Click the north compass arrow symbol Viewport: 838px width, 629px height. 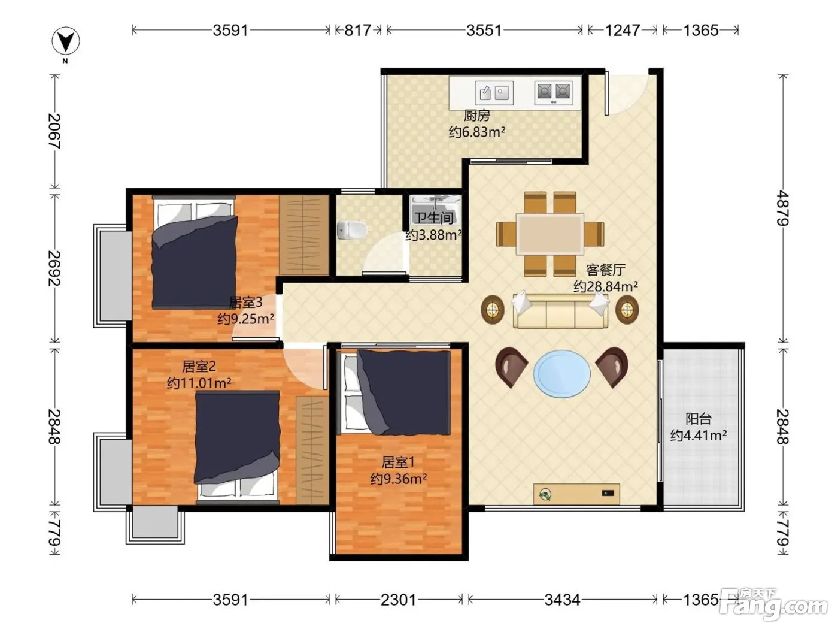tap(66, 41)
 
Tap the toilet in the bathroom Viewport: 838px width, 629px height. tap(351, 230)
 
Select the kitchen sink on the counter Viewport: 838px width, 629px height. tap(494, 92)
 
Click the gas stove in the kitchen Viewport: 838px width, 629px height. tap(554, 93)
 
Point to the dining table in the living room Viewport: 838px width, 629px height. tap(549, 234)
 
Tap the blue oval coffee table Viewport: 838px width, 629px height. tap(561, 374)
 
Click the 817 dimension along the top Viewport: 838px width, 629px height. tap(358, 30)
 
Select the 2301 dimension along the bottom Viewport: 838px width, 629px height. tap(398, 600)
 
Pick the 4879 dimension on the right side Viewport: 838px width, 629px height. tap(783, 208)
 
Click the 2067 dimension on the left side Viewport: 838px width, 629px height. tap(54, 131)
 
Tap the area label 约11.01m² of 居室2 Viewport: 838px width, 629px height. tap(199, 383)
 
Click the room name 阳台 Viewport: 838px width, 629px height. tap(699, 419)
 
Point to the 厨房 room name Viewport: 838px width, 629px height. tap(477, 116)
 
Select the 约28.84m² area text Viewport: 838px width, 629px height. tap(606, 286)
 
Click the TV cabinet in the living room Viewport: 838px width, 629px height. tap(576, 494)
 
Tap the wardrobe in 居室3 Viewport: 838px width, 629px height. tap(304, 234)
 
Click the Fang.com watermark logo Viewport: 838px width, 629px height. tap(774, 604)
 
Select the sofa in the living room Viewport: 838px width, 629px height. tap(560, 311)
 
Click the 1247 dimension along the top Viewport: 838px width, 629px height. tap(623, 30)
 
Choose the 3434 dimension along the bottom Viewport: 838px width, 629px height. tap(562, 600)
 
